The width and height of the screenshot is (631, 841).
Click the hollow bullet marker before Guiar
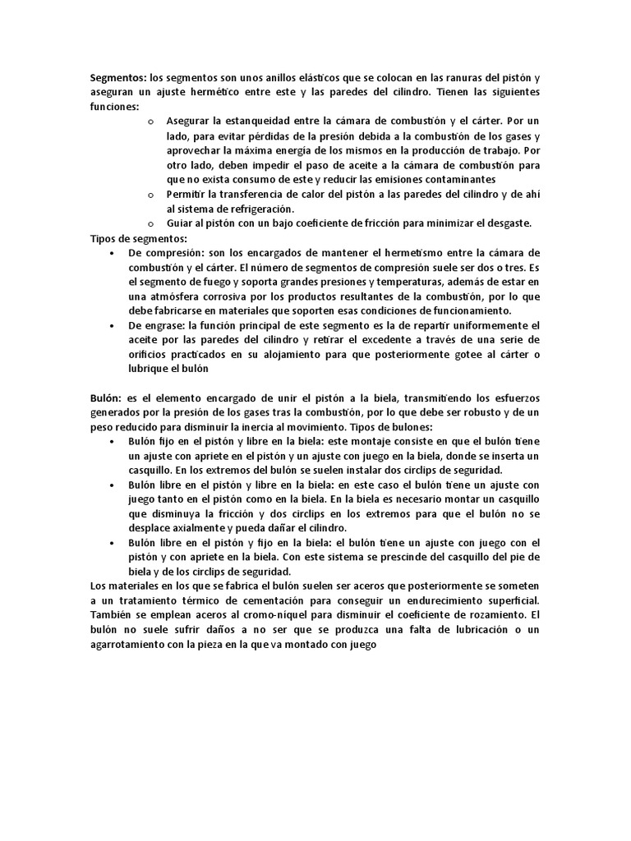pyautogui.click(x=150, y=223)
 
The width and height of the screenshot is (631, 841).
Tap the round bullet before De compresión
pyautogui.click(x=111, y=253)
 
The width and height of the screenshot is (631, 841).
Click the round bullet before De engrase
pyautogui.click(x=111, y=326)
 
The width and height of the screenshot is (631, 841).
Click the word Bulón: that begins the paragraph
pyautogui.click(x=106, y=398)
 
